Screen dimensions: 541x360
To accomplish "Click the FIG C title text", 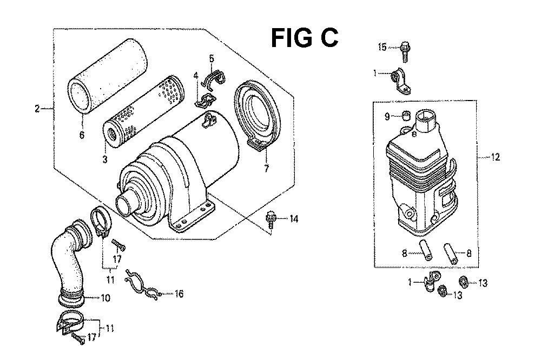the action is click(304, 38).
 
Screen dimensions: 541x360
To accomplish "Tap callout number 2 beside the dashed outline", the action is click(37, 109).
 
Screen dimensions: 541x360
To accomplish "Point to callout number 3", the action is click(104, 159).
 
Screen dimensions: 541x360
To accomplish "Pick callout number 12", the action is click(495, 157).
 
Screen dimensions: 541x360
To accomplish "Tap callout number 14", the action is click(294, 218).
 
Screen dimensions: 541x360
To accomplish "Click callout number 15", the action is click(382, 47).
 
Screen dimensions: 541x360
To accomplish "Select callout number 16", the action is click(179, 294).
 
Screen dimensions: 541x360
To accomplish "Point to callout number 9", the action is click(387, 117).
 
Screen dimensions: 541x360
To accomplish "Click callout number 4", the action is click(196, 76).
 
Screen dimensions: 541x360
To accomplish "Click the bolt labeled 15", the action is click(405, 51).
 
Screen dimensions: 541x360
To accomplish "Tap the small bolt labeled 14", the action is click(271, 221).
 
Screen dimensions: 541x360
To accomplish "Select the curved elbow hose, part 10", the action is click(71, 262).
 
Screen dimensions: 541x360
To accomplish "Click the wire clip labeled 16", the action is click(142, 284).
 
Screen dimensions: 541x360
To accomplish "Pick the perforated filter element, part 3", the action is click(143, 111).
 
